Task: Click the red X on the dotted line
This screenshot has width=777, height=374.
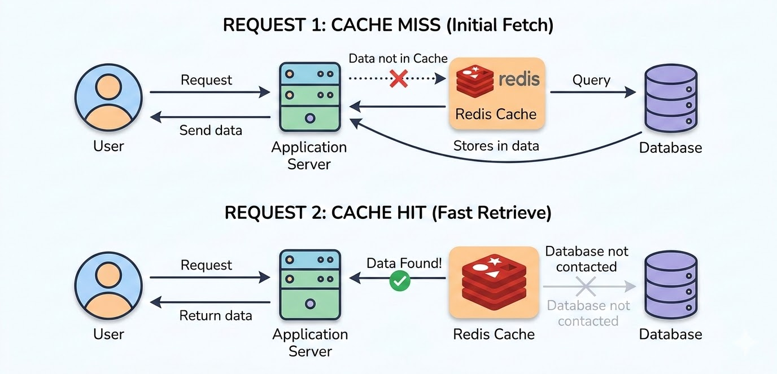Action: [399, 78]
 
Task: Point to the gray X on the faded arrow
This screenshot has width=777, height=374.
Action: [586, 287]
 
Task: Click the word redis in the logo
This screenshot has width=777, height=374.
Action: [519, 78]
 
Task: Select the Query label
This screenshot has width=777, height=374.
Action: [591, 80]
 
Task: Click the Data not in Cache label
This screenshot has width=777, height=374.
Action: [398, 58]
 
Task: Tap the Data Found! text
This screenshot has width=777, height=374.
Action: [404, 263]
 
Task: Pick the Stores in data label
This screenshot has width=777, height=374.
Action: [496, 146]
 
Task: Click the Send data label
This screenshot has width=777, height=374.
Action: [211, 130]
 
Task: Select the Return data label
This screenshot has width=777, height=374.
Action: [216, 315]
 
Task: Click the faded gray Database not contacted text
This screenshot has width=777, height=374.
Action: [588, 313]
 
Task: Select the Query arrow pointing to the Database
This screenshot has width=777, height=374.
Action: [593, 93]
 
